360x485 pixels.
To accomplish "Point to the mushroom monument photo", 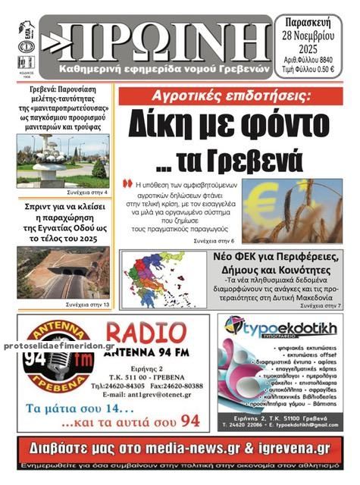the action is (x=61, y=160).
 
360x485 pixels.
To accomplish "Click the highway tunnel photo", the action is (x=62, y=273).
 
